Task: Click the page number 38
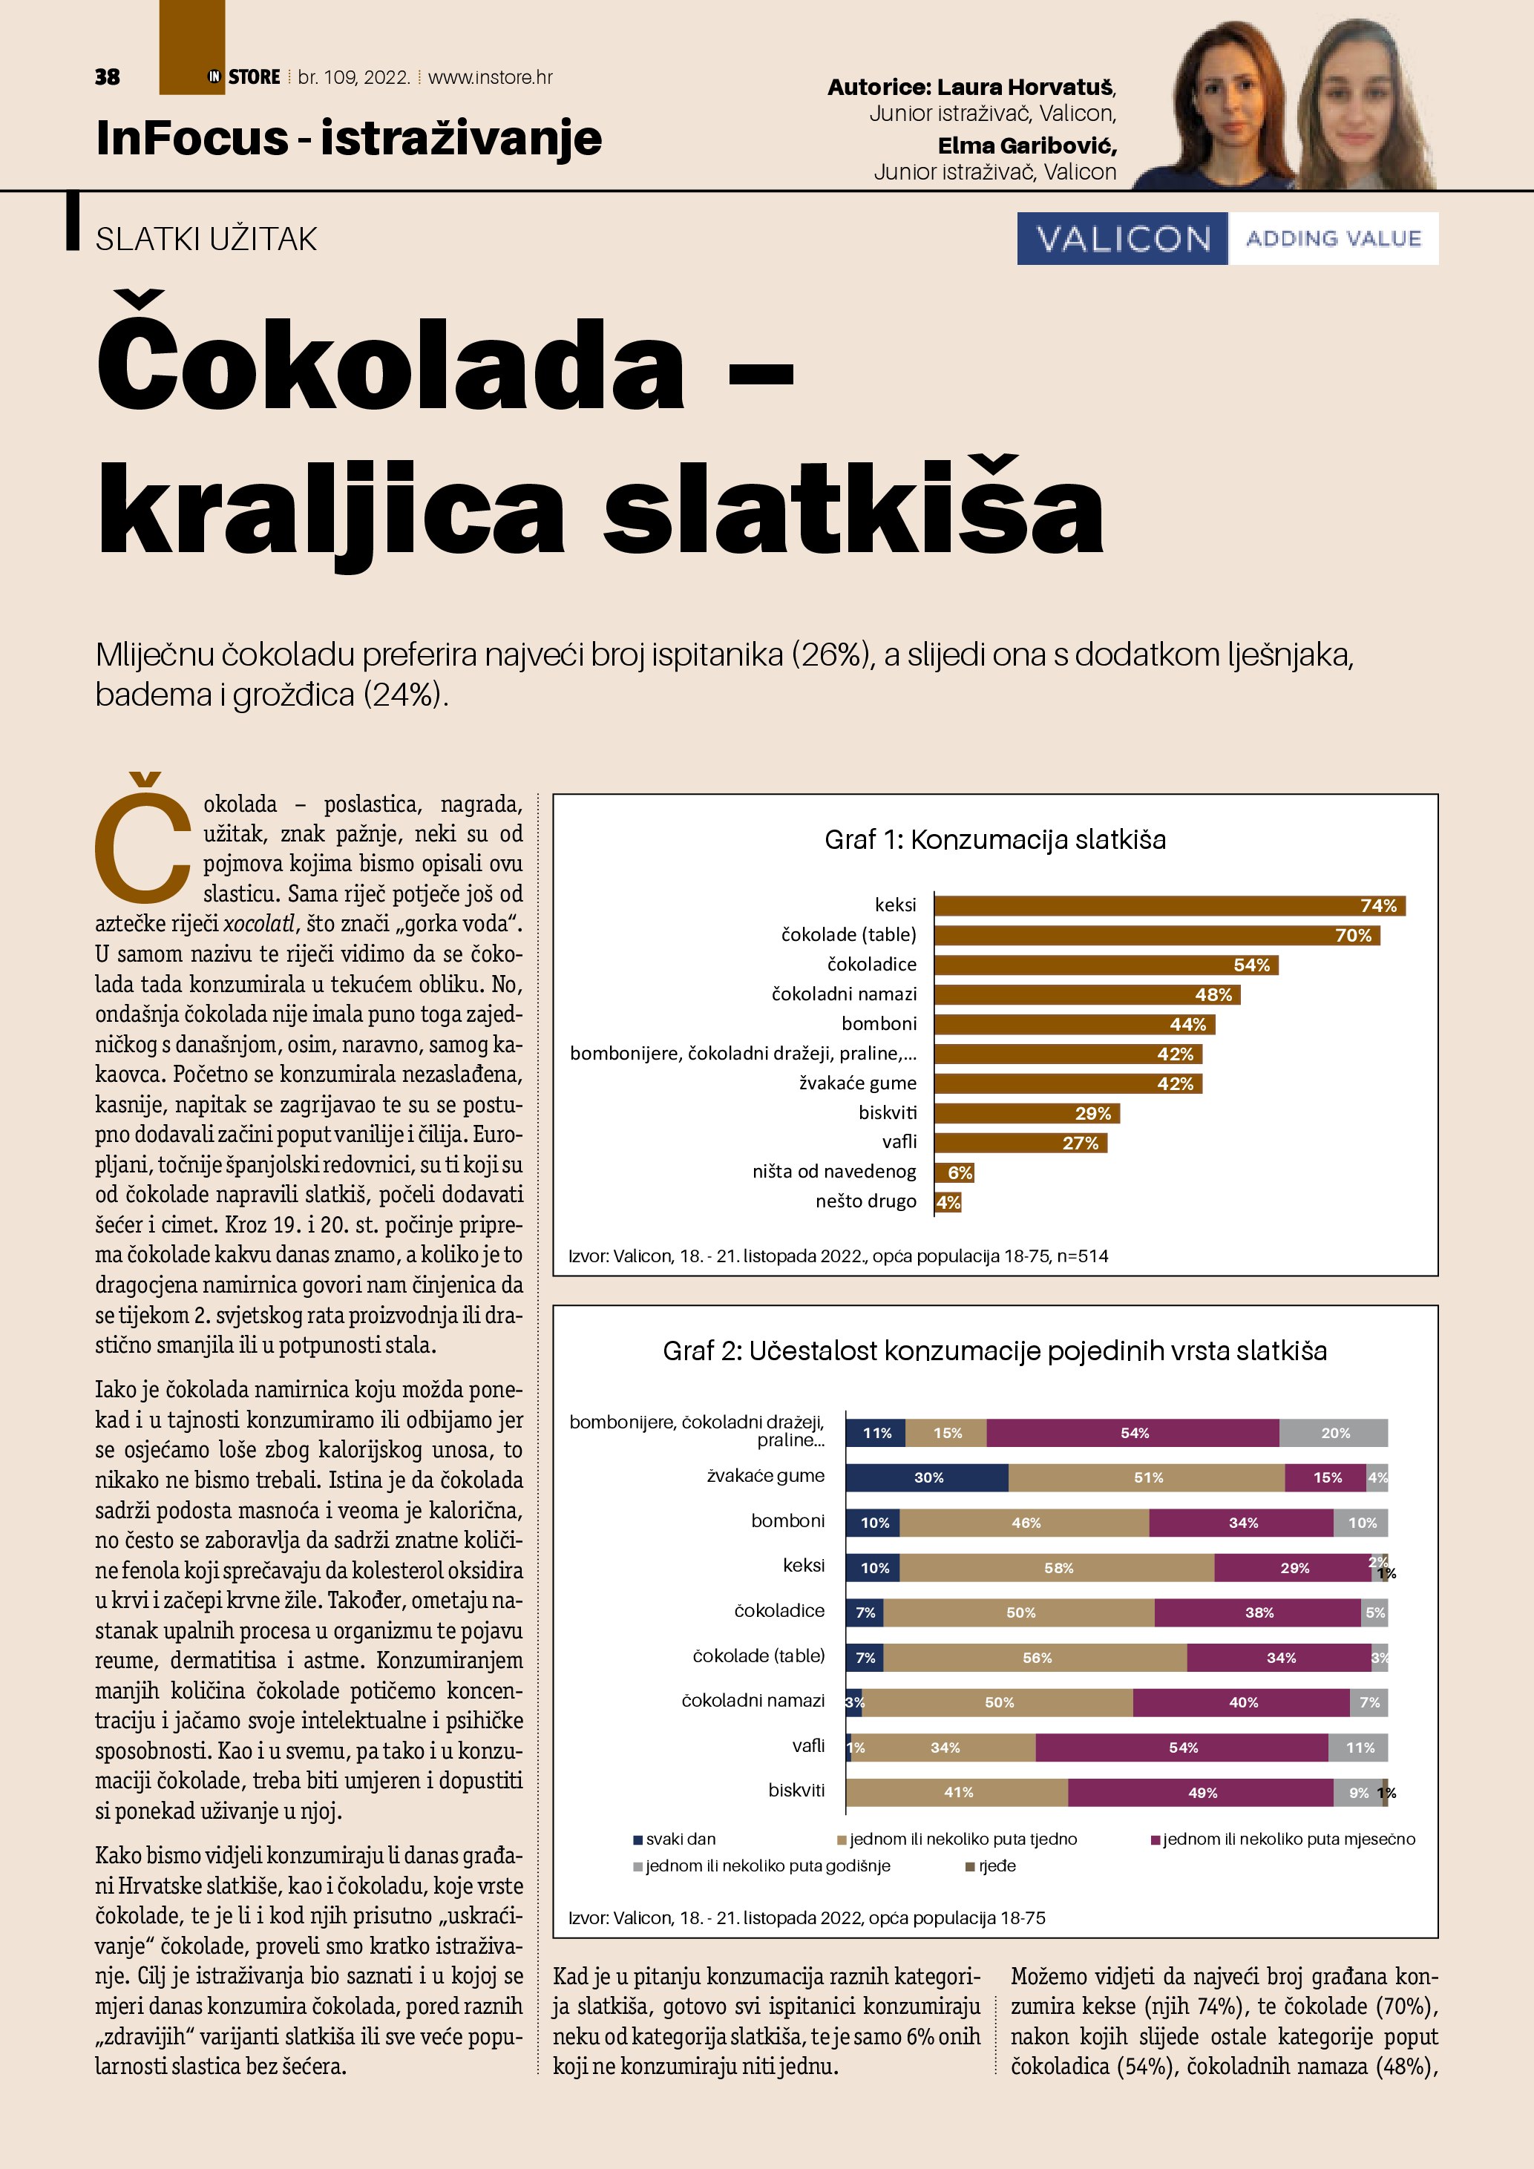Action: pos(107,77)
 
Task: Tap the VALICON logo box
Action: pos(1122,239)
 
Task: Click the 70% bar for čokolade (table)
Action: pos(1156,935)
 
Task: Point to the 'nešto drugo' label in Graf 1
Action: pos(865,1201)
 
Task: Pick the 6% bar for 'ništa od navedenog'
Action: pos(954,1172)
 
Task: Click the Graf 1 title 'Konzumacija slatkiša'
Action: pos(994,840)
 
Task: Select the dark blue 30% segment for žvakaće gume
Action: pos(927,1477)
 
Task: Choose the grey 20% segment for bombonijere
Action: pos(1334,1433)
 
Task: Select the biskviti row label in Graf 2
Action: pos(796,1790)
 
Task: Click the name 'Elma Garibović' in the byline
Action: pos(1027,145)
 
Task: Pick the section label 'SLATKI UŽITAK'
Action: pos(206,239)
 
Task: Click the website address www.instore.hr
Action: pos(491,77)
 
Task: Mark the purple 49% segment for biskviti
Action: pos(1201,1793)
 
